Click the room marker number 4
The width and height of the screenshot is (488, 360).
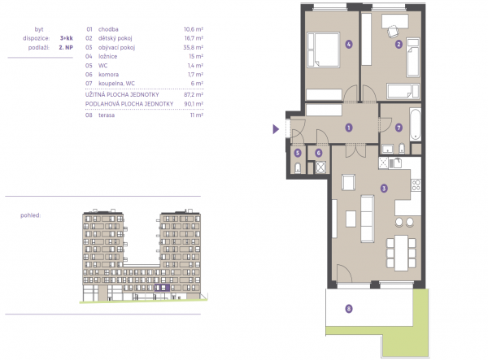349,44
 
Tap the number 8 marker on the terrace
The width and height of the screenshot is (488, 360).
349,309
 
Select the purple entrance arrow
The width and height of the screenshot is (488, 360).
276,128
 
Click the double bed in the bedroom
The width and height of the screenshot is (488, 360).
324,50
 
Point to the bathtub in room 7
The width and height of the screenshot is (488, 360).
415,124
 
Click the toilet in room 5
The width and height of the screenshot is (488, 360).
298,168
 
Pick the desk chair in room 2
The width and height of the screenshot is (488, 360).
393,32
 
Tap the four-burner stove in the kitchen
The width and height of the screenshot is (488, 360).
416,185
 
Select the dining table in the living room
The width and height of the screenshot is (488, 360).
401,253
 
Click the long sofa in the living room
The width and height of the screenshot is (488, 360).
368,219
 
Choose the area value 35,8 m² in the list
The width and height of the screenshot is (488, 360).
194,47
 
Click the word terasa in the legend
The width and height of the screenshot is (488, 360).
107,115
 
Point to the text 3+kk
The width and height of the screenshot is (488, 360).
67,38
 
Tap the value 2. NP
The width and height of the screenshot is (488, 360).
66,48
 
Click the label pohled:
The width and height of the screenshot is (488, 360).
31,215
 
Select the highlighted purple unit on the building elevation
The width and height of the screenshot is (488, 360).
162,288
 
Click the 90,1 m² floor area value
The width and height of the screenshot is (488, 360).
194,103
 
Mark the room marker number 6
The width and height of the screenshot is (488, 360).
318,153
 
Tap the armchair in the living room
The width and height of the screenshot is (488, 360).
349,182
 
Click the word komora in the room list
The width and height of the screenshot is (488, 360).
108,74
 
